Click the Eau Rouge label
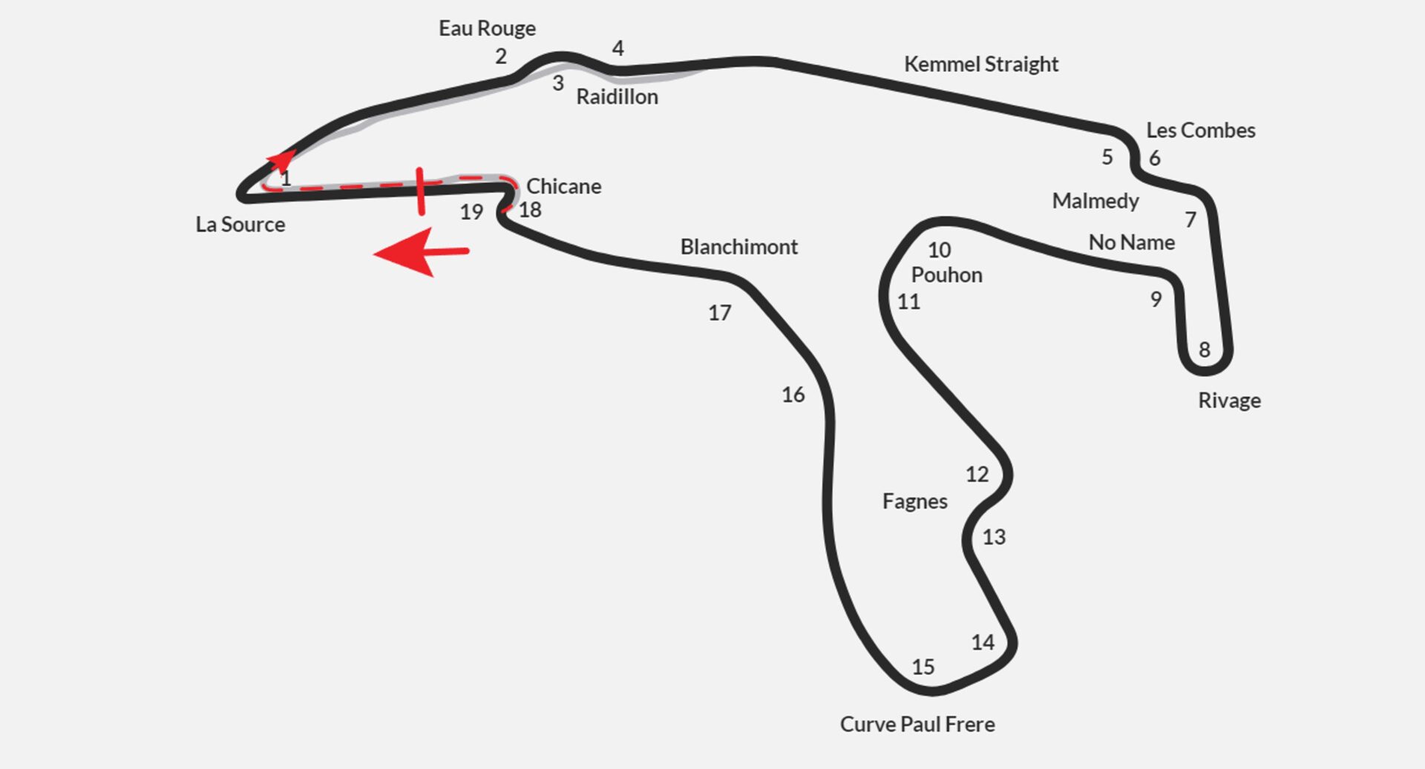pyautogui.click(x=487, y=29)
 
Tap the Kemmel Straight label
pyautogui.click(x=980, y=65)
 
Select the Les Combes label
pyautogui.click(x=1200, y=131)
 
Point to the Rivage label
pyautogui.click(x=1229, y=400)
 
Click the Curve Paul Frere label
pyautogui.click(x=917, y=725)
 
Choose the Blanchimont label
pyautogui.click(x=738, y=247)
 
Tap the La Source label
pyautogui.click(x=240, y=225)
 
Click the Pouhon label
pyautogui.click(x=946, y=275)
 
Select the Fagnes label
pyautogui.click(x=914, y=502)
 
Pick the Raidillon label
pyautogui.click(x=617, y=97)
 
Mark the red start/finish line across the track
pyautogui.click(x=421, y=191)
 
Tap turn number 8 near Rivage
pyautogui.click(x=1204, y=350)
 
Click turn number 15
pyautogui.click(x=923, y=667)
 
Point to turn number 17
pyautogui.click(x=719, y=313)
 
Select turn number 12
pyautogui.click(x=977, y=475)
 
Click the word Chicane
pyautogui.click(x=563, y=186)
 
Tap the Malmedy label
pyautogui.click(x=1095, y=201)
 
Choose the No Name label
pyautogui.click(x=1131, y=242)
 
